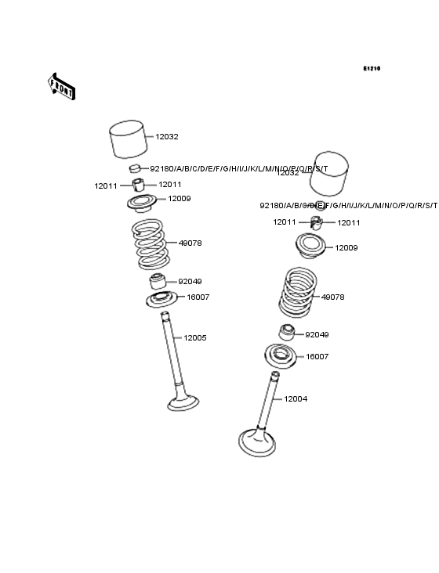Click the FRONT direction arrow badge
[x=62, y=86]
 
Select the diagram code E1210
[x=371, y=69]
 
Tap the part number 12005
[x=194, y=338]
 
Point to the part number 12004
[x=296, y=399]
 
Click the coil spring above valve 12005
[x=150, y=243]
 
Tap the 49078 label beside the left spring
[x=190, y=243]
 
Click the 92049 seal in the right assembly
[x=287, y=333]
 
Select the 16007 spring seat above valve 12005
[x=161, y=299]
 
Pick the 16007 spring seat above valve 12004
[x=281, y=355]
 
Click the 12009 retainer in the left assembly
[x=143, y=203]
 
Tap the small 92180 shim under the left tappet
[x=135, y=169]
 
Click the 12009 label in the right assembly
[x=346, y=248]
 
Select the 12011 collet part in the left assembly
[x=139, y=186]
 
